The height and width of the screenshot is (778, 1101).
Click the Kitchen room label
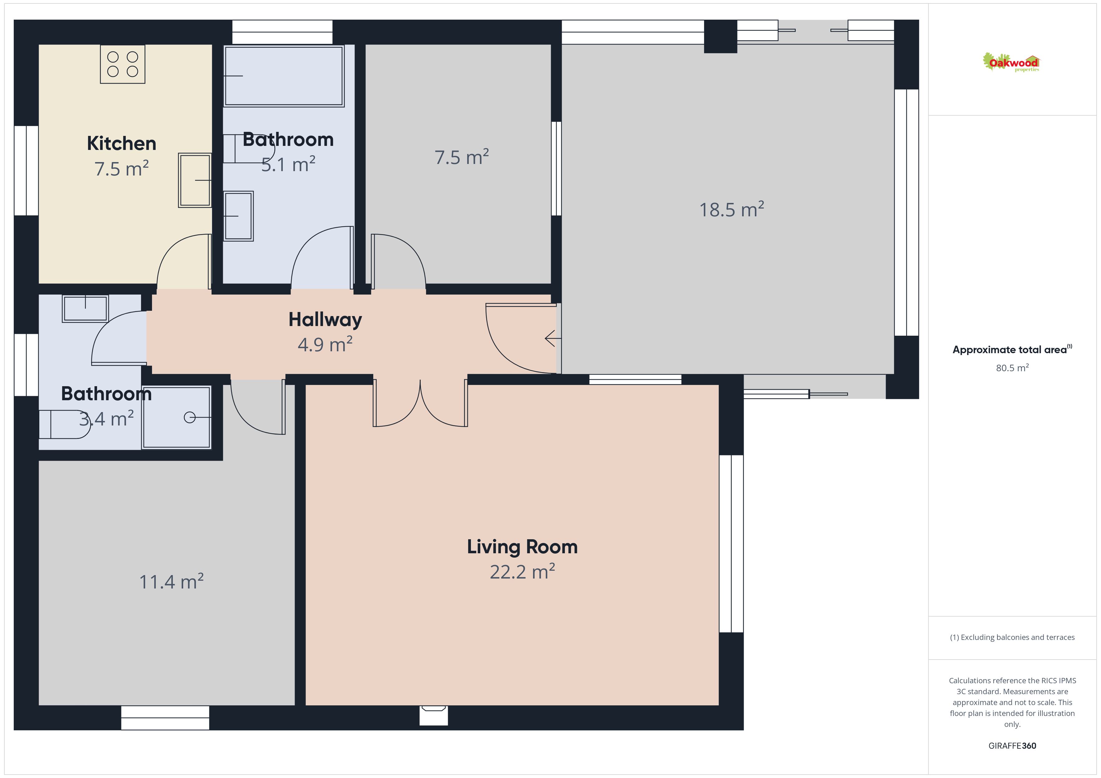tap(121, 143)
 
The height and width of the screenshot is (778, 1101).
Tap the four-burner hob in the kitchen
tap(123, 64)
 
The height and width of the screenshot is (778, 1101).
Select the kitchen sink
tap(195, 180)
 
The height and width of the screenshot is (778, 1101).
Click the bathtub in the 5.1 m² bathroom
tap(284, 76)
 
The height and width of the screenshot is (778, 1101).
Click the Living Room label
tap(522, 547)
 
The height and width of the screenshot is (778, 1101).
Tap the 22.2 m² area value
tap(522, 572)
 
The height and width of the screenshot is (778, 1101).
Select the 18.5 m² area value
tap(731, 209)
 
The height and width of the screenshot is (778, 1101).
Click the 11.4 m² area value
tap(171, 582)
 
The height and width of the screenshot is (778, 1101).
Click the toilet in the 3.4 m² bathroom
tap(65, 425)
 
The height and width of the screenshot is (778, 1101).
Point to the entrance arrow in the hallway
tap(553, 338)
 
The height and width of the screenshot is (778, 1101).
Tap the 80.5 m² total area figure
tap(1012, 368)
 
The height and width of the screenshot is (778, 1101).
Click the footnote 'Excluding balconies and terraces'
tap(1012, 637)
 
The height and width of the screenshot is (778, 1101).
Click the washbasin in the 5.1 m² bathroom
tap(238, 216)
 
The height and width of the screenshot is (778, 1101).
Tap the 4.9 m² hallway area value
tap(325, 344)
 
